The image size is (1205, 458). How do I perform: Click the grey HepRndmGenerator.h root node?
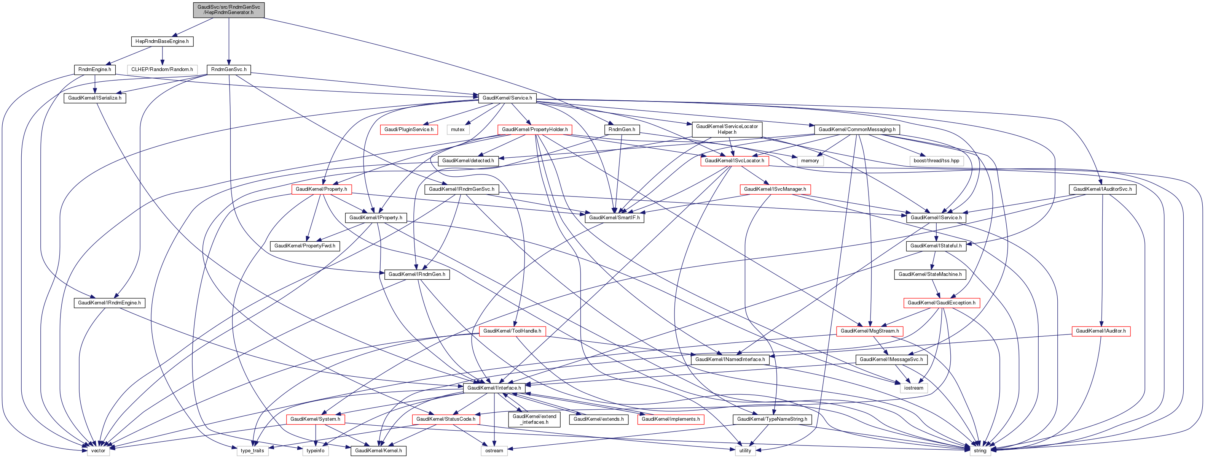click(x=229, y=10)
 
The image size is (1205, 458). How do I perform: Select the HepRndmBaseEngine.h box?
click(x=162, y=41)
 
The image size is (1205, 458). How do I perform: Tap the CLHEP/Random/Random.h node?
click(x=162, y=69)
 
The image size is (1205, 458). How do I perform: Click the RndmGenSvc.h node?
click(x=229, y=69)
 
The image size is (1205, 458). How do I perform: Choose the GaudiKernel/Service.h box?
click(x=507, y=98)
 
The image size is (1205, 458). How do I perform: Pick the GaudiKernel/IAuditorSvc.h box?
click(x=1102, y=189)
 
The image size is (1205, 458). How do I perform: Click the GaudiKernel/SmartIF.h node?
click(x=614, y=217)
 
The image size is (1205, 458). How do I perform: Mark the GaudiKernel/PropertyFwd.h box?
click(x=304, y=246)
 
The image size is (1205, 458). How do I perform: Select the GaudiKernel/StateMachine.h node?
click(x=930, y=274)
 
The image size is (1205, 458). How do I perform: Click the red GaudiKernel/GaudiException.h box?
click(x=941, y=303)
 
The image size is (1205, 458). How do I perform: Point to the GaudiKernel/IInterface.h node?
click(x=494, y=387)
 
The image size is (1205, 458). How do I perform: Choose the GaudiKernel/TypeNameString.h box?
click(x=772, y=419)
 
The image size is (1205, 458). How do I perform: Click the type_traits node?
click(x=252, y=450)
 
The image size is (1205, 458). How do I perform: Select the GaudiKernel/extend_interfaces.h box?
click(x=534, y=419)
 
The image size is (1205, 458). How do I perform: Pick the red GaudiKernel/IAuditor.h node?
click(x=1101, y=331)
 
